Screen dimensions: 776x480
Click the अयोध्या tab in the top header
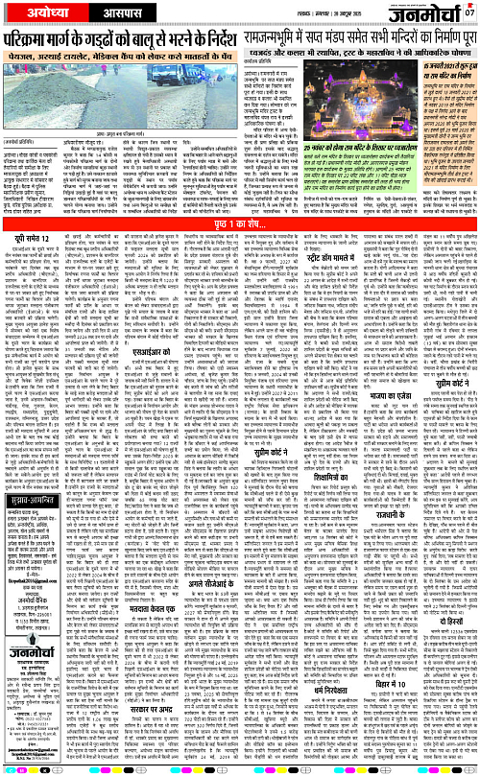(x=41, y=12)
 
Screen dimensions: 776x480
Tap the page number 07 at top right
(x=468, y=12)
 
